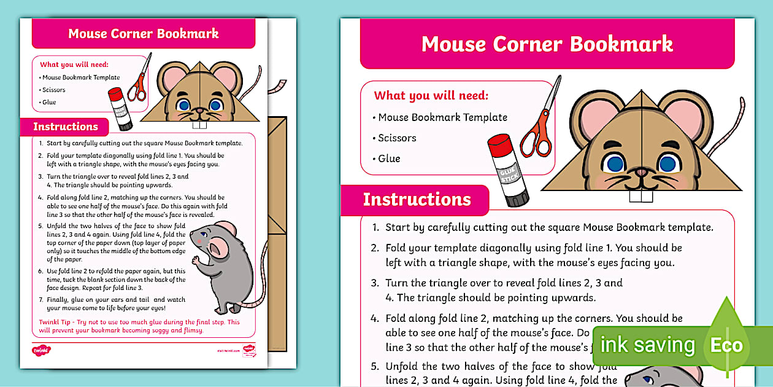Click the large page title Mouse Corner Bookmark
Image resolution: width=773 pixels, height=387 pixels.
[547, 44]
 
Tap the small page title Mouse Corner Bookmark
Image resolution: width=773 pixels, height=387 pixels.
[144, 33]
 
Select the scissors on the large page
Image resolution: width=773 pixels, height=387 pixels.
[540, 123]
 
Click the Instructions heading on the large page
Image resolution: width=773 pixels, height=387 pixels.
[417, 200]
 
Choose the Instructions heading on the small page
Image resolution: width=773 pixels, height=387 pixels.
[65, 127]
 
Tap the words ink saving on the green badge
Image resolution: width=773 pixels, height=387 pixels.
[647, 345]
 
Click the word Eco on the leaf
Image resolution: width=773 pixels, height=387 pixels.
[726, 345]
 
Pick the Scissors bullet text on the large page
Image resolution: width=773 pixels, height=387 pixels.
[397, 138]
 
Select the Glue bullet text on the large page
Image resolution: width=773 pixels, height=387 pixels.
[389, 158]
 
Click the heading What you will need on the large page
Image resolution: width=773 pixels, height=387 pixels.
[431, 95]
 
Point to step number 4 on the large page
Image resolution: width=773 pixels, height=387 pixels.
[375, 319]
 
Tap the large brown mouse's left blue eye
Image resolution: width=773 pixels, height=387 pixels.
[615, 163]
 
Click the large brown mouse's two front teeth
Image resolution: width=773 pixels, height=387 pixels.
[640, 196]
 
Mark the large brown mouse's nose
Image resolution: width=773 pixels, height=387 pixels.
[641, 172]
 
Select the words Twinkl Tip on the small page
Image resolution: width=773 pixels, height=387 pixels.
[53, 322]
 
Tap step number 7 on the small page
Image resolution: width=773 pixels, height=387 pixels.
[40, 300]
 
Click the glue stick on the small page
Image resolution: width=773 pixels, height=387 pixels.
[120, 109]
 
